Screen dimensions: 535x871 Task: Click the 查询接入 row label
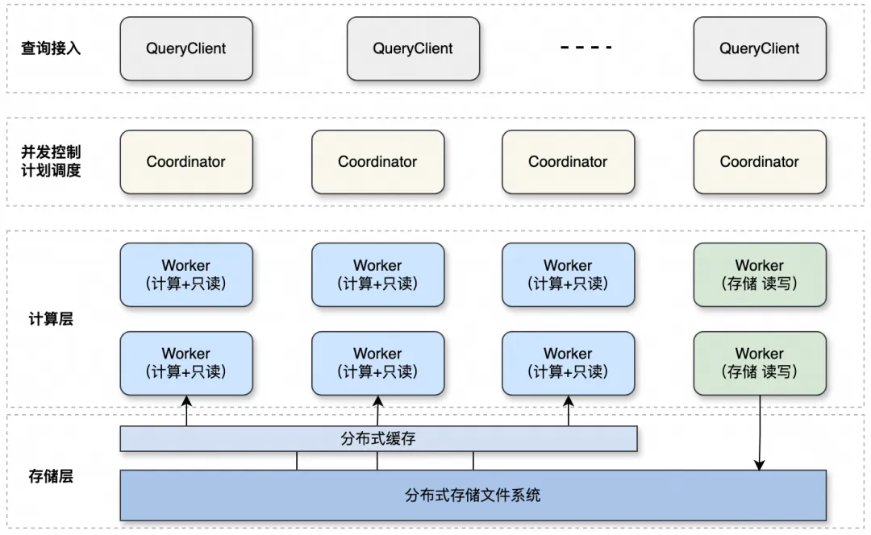coord(51,48)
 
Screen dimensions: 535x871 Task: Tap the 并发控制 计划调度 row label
coord(51,161)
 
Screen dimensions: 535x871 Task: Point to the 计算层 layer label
coord(51,319)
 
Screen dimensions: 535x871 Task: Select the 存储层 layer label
coord(51,476)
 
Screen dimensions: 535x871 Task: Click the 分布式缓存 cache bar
coord(378,439)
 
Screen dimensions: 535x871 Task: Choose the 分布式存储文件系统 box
coord(473,495)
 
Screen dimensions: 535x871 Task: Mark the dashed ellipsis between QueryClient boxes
coord(586,48)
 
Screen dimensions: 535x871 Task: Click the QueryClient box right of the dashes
coord(759,48)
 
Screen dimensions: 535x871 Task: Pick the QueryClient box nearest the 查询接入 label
coord(186,48)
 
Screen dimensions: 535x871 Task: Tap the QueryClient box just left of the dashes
coord(413,48)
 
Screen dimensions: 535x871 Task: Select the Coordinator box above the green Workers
coord(759,162)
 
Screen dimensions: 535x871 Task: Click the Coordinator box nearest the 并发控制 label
coord(186,162)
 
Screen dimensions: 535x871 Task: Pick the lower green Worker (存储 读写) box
coord(759,363)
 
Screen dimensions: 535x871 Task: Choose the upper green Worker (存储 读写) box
coord(759,275)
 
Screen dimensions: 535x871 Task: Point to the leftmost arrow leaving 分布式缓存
coord(186,411)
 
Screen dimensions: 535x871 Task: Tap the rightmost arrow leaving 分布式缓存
coord(569,411)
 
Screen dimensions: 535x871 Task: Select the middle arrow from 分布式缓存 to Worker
coord(377,411)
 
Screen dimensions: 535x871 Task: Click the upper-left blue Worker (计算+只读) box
coord(186,275)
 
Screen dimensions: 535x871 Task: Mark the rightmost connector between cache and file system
coord(473,461)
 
